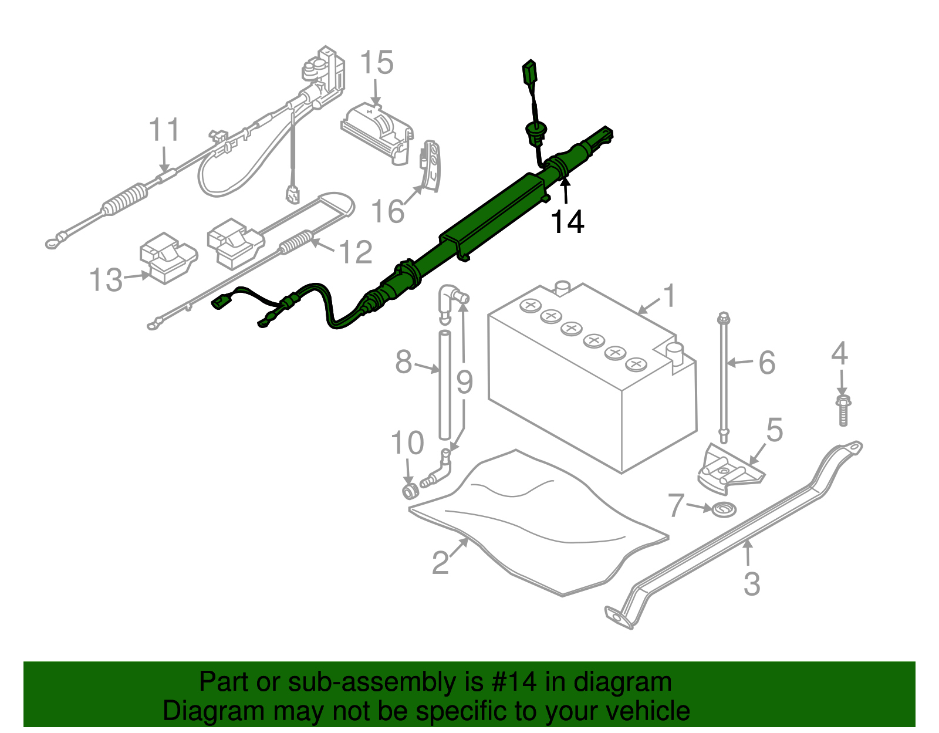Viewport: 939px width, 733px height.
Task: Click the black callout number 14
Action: pyautogui.click(x=567, y=222)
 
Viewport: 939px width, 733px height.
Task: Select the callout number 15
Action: pyautogui.click(x=376, y=63)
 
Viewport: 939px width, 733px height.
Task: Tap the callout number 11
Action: pyautogui.click(x=164, y=130)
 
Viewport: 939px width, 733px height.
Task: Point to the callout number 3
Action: pyautogui.click(x=752, y=584)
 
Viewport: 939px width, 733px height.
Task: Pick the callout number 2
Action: pyautogui.click(x=441, y=562)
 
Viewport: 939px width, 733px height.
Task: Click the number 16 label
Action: pyautogui.click(x=388, y=211)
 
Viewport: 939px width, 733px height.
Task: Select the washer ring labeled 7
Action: pyautogui.click(x=723, y=509)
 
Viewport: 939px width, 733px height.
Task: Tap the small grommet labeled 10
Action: pyautogui.click(x=409, y=491)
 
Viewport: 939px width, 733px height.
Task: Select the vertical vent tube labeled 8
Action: pyautogui.click(x=444, y=384)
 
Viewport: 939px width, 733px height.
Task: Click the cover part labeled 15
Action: pyautogui.click(x=376, y=132)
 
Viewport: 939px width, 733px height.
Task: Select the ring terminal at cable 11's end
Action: pyautogui.click(x=54, y=241)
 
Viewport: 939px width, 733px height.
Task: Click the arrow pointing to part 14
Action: pyautogui.click(x=565, y=191)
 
